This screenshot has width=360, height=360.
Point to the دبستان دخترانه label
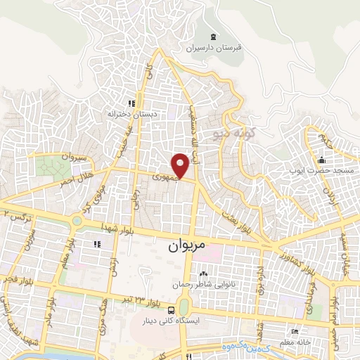tap(127, 112)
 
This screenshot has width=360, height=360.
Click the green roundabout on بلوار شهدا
tap(77, 221)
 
